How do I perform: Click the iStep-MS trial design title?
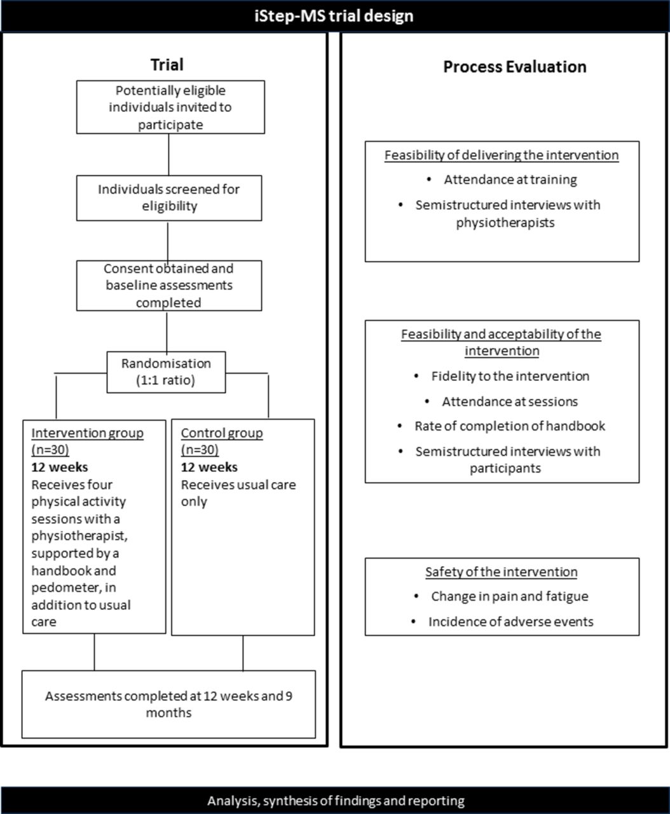tap(334, 16)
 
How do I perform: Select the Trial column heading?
tap(167, 65)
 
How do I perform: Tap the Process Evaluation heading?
tap(514, 67)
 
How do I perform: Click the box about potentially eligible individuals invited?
tap(170, 107)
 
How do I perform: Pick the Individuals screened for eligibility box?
tap(168, 198)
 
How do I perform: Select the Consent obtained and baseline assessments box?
tap(168, 286)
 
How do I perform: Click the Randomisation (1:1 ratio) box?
tap(166, 372)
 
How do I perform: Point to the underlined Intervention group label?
tap(87, 432)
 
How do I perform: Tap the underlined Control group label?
tap(222, 432)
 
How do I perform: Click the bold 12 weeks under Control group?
tap(209, 467)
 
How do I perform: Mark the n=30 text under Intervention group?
tap(50, 450)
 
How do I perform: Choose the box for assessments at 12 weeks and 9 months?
tap(168, 704)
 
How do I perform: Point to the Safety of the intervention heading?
tap(502, 572)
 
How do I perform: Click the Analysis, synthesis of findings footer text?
tap(336, 801)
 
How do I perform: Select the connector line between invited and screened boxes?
tap(168, 155)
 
